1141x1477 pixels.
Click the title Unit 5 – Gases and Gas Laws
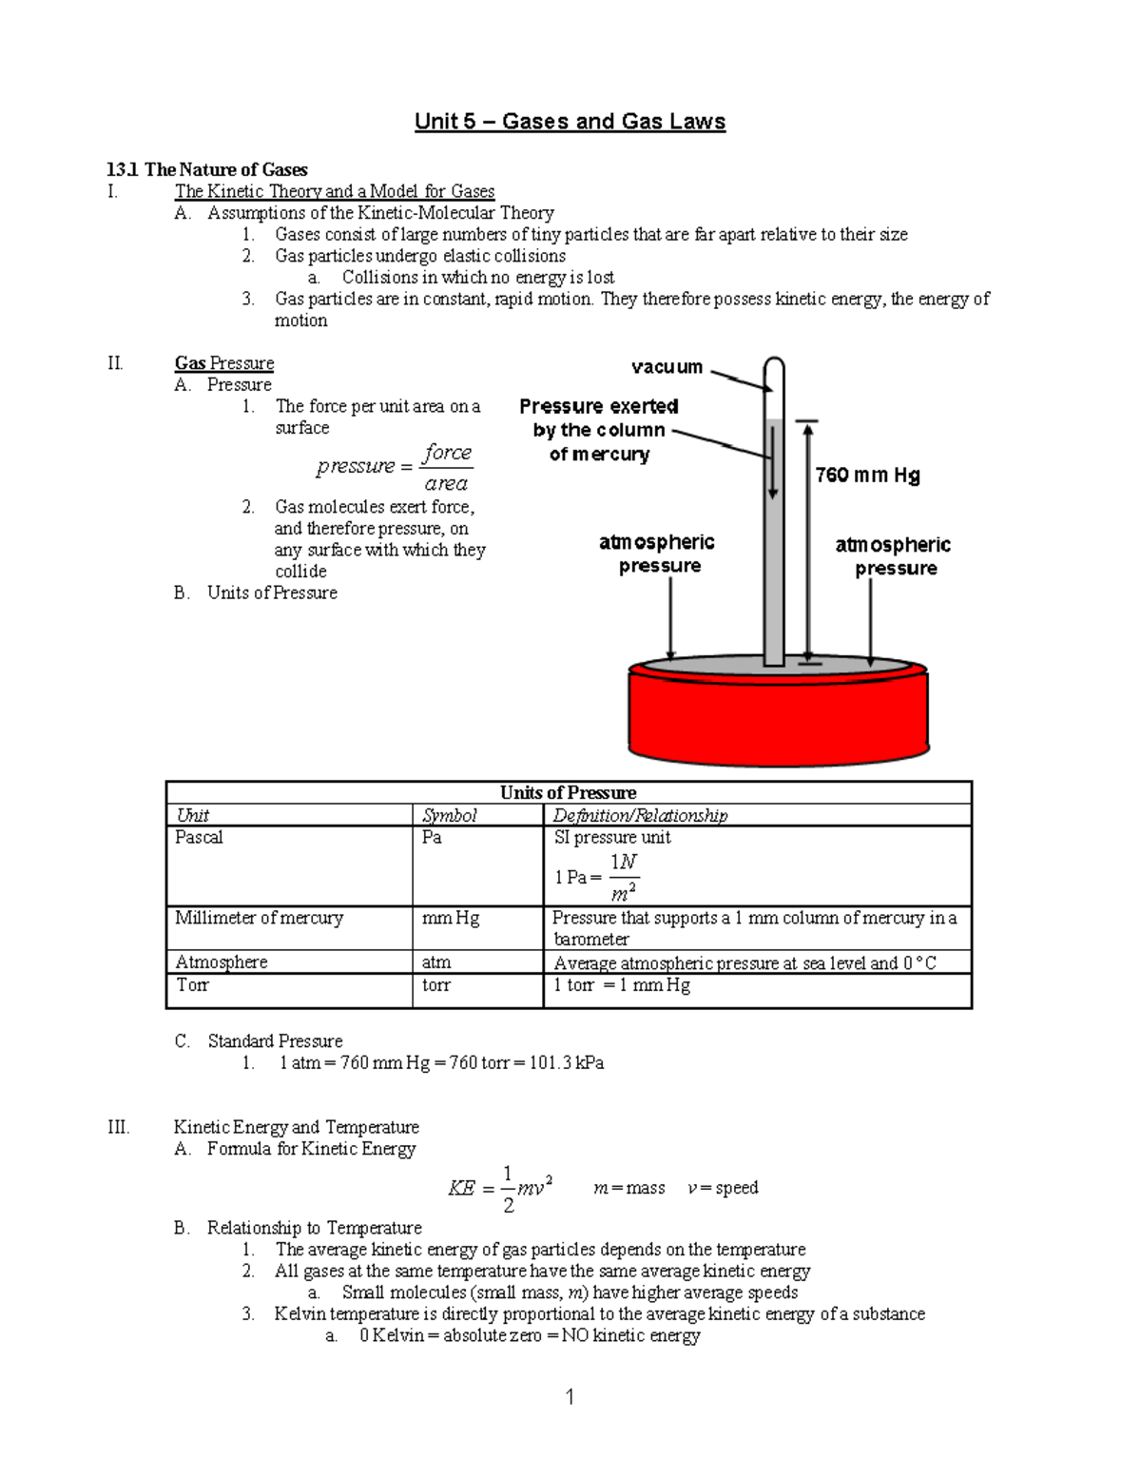[x=570, y=122]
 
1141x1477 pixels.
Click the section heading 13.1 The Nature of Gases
[x=207, y=170]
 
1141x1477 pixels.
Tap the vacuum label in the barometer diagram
[x=667, y=367]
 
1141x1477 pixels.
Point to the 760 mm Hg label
[x=867, y=475]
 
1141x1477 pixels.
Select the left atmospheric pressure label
[x=657, y=554]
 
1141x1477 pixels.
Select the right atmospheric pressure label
[x=893, y=556]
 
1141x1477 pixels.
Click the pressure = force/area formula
[x=395, y=466]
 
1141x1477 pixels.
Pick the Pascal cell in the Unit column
[x=199, y=838]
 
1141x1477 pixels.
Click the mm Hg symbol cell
[x=451, y=918]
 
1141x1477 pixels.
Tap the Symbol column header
[x=449, y=815]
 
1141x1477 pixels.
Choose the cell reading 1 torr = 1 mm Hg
[x=622, y=985]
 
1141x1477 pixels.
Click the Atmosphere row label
[x=222, y=962]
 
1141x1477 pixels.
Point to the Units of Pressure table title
[x=568, y=793]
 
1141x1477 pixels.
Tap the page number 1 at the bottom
[x=570, y=1396]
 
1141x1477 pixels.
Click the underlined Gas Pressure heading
[x=224, y=363]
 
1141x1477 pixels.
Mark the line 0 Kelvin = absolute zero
[x=530, y=1335]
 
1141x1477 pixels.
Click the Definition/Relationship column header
[x=640, y=815]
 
